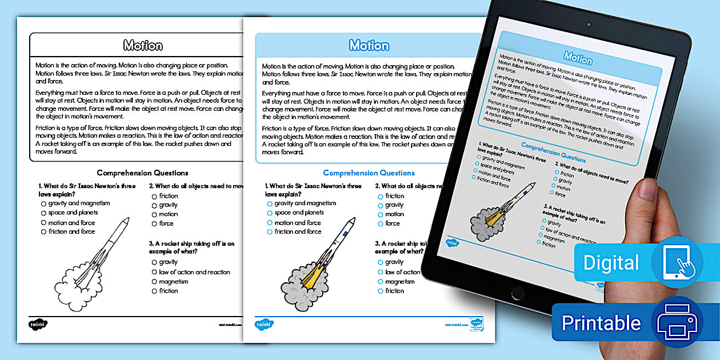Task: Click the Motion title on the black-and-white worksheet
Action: [143, 46]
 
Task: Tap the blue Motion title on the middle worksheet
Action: [369, 46]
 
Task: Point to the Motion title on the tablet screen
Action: [578, 57]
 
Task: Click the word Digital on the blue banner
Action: [611, 263]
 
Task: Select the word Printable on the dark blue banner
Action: [601, 323]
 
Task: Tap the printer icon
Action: [677, 323]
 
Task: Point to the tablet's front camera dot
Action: [587, 25]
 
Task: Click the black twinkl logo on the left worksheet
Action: [38, 324]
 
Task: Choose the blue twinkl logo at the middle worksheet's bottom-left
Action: [264, 324]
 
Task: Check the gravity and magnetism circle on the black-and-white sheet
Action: [43, 203]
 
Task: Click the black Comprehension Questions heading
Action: [142, 173]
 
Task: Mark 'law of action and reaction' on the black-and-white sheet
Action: [154, 273]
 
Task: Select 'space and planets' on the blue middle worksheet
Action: [270, 213]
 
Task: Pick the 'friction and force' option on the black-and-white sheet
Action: [43, 232]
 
